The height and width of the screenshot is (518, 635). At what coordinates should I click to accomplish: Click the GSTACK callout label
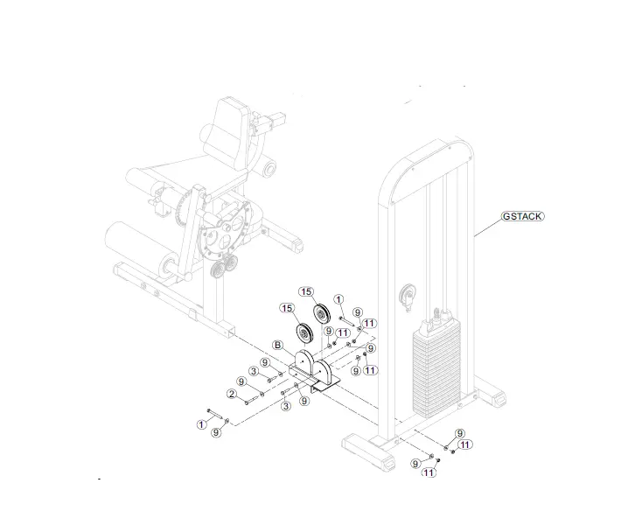[523, 215]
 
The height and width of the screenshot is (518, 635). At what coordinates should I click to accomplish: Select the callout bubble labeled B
[278, 345]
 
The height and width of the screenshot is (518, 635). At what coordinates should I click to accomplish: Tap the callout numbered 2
[233, 394]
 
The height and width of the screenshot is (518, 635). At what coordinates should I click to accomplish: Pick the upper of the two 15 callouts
[306, 291]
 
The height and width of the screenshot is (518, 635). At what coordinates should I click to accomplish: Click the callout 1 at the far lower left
[201, 424]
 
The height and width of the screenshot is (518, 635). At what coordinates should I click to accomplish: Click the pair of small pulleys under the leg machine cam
[225, 266]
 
